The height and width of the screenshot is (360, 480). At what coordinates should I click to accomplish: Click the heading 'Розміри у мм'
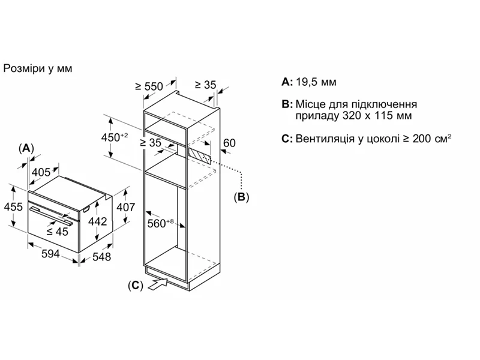[x=38, y=68]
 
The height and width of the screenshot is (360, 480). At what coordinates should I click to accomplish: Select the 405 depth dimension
[x=41, y=173]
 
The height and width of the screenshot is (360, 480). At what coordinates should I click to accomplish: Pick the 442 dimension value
[x=98, y=221]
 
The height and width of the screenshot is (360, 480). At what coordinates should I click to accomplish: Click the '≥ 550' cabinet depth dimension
[x=149, y=86]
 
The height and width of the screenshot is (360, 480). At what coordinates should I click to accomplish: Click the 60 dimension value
[x=229, y=143]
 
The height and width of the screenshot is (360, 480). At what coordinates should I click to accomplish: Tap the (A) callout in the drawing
[x=26, y=148]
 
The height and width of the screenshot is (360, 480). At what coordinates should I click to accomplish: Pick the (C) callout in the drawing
[x=136, y=286]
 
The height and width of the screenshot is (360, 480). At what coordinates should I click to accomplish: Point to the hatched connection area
[x=200, y=154]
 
